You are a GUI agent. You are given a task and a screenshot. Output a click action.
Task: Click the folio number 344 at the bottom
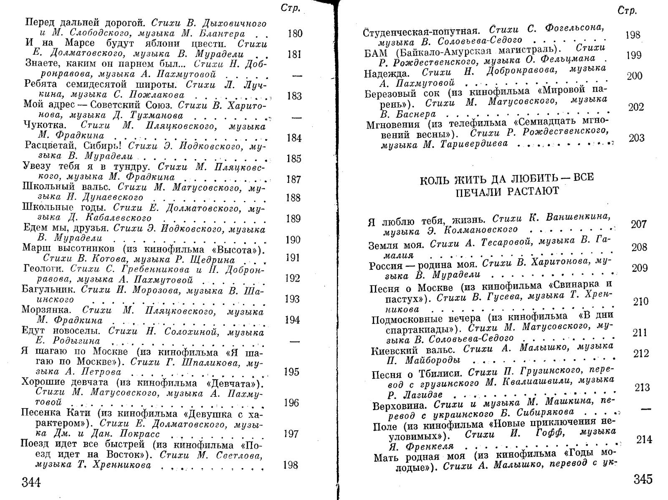pos(31,482)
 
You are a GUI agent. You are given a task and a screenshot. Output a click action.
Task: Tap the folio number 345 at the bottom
pos(643,479)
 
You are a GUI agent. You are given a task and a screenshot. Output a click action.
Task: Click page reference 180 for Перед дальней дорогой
pos(295,33)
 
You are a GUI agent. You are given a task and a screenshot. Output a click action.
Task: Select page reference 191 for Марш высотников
pos(293,258)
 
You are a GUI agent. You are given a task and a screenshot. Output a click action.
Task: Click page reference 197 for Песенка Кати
pos(291,434)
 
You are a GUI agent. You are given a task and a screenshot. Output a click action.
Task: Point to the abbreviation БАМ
pos(375,53)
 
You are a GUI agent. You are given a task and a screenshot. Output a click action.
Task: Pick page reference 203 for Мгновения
pos(636,138)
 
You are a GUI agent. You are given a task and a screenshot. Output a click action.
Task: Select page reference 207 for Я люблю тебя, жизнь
pos(638,224)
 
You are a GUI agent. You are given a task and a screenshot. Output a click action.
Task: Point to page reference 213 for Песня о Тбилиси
pos(642,387)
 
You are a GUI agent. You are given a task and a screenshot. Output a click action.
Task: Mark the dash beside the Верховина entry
pos(645,409)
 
